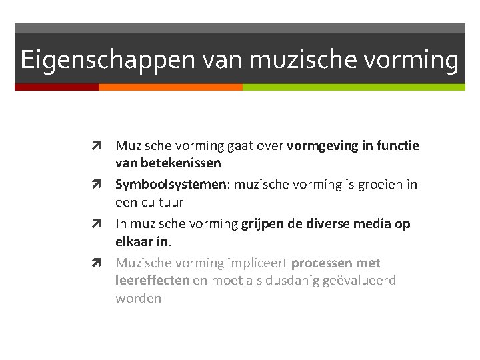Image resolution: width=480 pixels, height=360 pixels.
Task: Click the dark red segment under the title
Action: pos(57,87)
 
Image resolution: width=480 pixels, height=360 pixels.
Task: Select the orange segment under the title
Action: pos(170,87)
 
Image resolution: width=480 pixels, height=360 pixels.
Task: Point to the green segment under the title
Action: pos(353,87)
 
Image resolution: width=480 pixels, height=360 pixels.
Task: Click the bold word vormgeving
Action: pos(320,145)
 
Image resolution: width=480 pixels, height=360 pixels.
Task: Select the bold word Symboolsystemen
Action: pos(171,184)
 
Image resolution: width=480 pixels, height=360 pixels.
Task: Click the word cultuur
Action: pos(161,201)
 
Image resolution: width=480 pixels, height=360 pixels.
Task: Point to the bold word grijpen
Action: pos(263,224)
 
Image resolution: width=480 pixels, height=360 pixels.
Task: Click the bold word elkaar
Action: pos(136,241)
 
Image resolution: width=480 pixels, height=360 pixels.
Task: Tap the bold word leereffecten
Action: pos(152,281)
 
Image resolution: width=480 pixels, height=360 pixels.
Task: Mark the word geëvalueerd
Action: pos(359,281)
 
